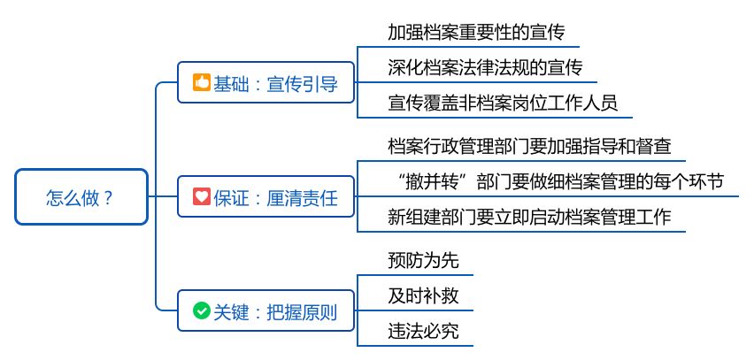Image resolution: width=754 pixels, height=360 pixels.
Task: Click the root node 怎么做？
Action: point(81,197)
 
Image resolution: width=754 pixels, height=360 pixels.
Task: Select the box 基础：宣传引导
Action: point(265,84)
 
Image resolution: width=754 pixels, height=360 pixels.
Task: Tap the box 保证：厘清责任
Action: point(265,197)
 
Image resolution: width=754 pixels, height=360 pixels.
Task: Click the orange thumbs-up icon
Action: point(201,84)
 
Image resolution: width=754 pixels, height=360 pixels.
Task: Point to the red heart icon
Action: point(201,197)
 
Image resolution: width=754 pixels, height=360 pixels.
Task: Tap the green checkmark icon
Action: point(201,311)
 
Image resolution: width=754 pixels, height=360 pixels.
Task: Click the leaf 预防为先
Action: point(423,261)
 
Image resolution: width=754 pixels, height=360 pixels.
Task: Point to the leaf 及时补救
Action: point(423,296)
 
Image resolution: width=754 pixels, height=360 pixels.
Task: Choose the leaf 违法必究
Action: point(423,332)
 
